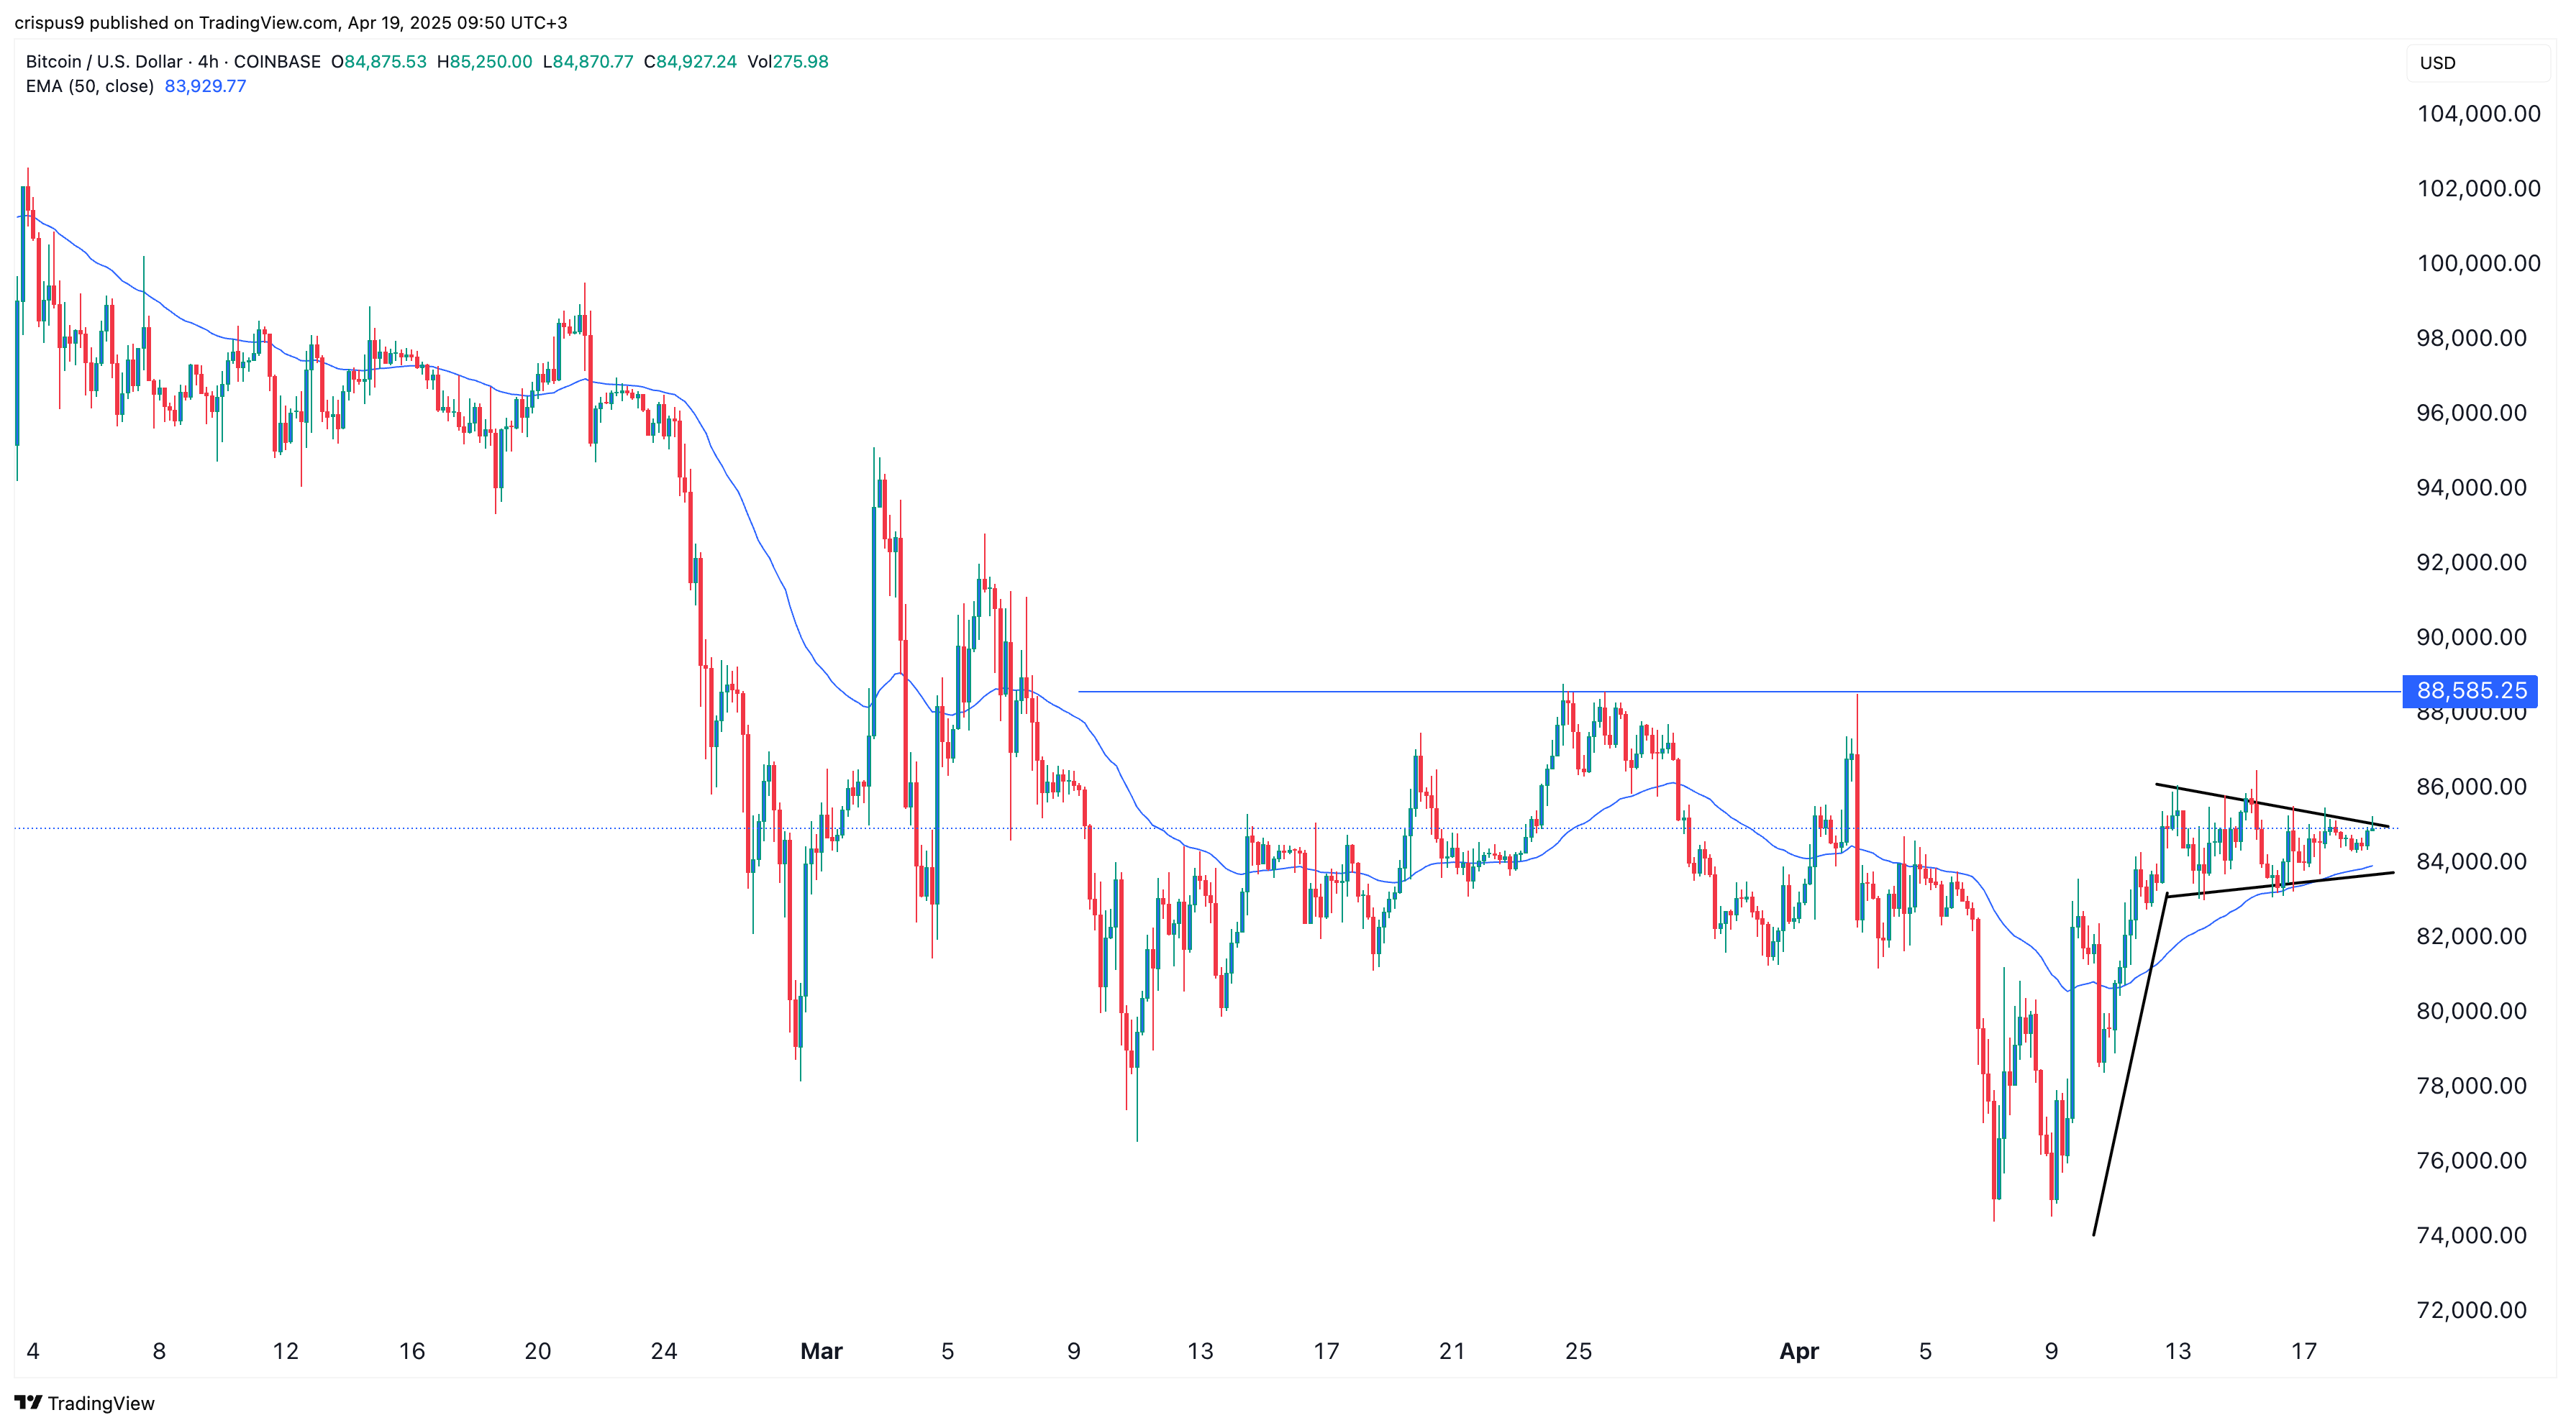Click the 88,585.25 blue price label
coord(2470,690)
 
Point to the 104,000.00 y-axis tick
coord(2478,114)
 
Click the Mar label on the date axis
coord(822,1351)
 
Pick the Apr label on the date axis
coord(1800,1351)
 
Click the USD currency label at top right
coord(2437,63)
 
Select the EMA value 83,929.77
coord(206,86)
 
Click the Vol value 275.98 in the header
coord(788,62)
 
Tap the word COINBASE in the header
coord(278,62)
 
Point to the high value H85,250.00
coord(485,62)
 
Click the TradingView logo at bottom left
coord(85,1403)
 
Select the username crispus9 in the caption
coord(49,22)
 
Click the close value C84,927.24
coord(691,62)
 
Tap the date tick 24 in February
coord(664,1351)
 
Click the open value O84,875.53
coord(379,62)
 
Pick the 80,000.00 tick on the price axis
coord(2471,1011)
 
